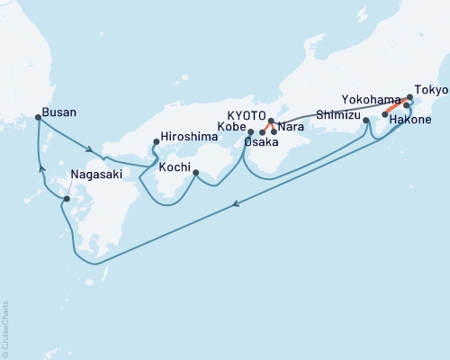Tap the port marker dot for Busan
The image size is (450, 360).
[x=38, y=117]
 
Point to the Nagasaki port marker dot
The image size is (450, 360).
[x=67, y=198]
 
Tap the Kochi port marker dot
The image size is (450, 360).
[x=195, y=173]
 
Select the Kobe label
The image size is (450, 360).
[x=231, y=127]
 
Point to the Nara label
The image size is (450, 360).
[x=290, y=127]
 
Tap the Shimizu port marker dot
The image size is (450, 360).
[x=366, y=120]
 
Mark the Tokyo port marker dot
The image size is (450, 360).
[x=410, y=96]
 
